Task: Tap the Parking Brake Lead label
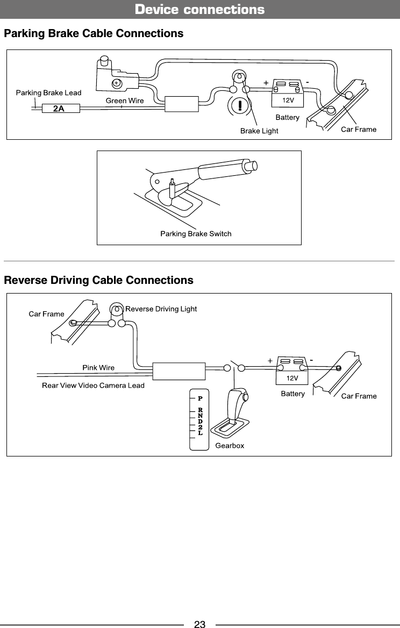coord(48,92)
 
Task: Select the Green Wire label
coord(125,100)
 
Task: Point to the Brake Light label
coord(259,131)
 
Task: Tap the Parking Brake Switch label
coord(196,233)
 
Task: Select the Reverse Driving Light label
coord(161,309)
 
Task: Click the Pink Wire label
coord(98,368)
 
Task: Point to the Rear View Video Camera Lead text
coord(93,385)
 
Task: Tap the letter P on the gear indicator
coord(199,399)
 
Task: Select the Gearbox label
coord(230,446)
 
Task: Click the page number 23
coord(199,624)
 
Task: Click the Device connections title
coord(199,10)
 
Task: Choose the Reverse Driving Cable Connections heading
coord(98,280)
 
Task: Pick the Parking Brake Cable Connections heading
coord(94,34)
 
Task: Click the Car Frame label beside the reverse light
coord(46,314)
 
